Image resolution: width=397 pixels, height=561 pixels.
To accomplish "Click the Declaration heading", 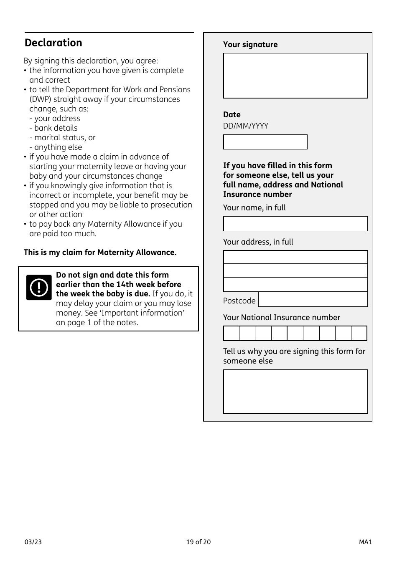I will tap(53, 43).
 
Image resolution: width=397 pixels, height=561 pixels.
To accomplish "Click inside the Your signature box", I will tap(295, 76).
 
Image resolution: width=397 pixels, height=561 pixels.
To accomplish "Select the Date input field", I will tap(265, 142).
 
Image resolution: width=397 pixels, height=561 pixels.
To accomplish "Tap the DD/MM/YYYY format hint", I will tap(246, 126).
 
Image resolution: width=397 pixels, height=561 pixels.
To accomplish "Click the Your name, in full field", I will tap(295, 224).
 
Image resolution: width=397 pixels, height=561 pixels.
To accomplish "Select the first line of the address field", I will tap(295, 257).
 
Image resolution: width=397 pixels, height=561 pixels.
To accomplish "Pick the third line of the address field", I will tap(295, 285).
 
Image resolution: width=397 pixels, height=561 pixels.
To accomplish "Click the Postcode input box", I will tap(313, 300).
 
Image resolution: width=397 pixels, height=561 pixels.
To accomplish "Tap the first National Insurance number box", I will tap(232, 334).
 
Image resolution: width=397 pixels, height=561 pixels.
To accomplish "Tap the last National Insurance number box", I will tap(359, 334).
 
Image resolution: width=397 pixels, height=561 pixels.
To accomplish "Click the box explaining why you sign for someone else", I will tap(295, 392).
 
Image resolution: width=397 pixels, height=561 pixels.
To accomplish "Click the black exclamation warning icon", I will tap(39, 288).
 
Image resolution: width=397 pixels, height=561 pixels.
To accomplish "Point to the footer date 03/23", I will tap(33, 542).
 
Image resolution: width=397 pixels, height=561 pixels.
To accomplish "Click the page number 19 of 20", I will tap(198, 542).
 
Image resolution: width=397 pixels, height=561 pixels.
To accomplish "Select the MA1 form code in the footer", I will tap(365, 542).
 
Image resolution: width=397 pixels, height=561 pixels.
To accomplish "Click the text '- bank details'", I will tap(53, 128).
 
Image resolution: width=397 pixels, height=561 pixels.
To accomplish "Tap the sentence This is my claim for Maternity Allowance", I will tap(100, 253).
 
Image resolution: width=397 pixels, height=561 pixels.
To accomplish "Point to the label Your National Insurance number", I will tap(282, 318).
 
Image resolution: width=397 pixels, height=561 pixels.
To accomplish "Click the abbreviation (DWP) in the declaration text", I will tap(40, 99).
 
